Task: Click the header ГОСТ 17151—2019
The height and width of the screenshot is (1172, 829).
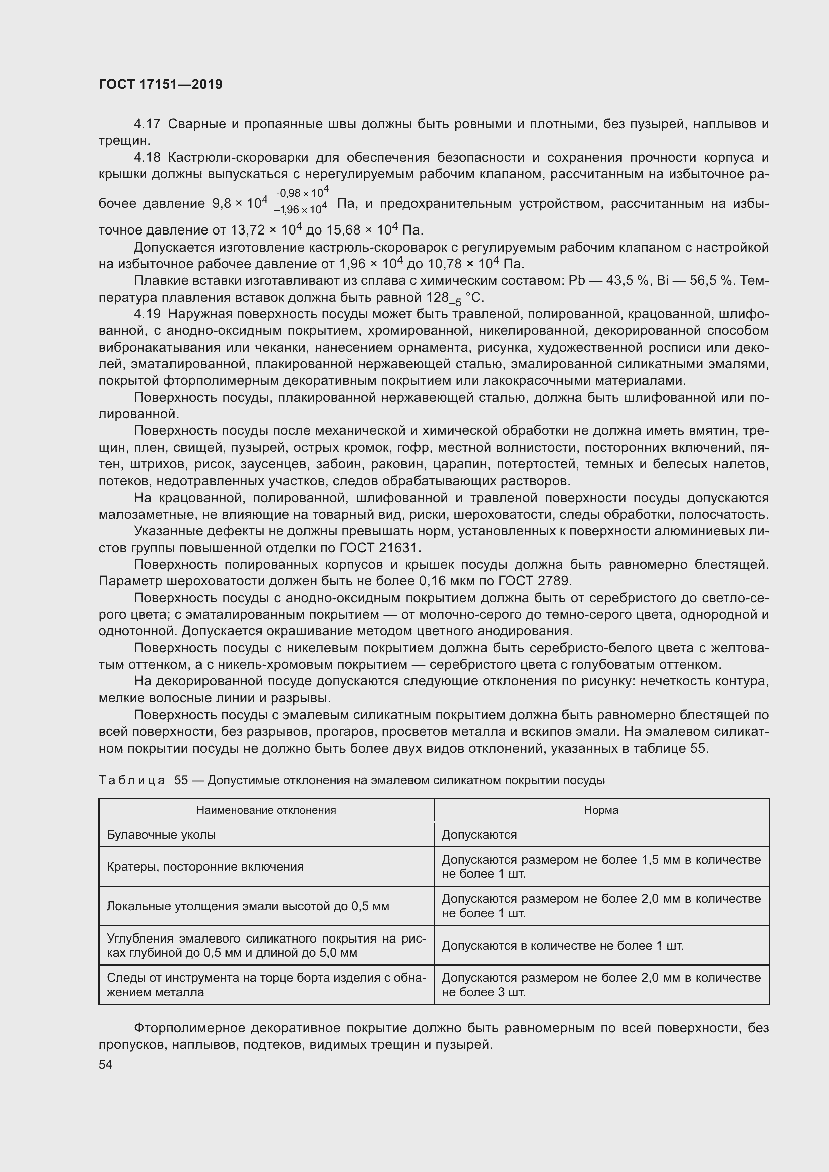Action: point(160,85)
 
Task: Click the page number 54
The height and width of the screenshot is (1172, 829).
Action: point(105,1064)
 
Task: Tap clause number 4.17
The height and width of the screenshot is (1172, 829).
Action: point(147,124)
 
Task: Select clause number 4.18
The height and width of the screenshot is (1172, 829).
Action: point(147,157)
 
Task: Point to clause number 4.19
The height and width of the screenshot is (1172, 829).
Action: point(147,314)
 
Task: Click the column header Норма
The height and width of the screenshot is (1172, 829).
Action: point(601,810)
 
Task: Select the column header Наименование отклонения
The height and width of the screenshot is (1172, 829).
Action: point(266,810)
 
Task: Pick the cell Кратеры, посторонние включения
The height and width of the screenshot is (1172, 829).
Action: point(204,867)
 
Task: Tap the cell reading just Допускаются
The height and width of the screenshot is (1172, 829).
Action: point(479,835)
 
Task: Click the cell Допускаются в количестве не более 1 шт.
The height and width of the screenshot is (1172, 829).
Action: point(562,946)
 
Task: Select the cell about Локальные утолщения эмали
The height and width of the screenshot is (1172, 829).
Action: point(248,906)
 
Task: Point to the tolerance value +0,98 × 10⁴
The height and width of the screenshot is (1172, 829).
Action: point(301,193)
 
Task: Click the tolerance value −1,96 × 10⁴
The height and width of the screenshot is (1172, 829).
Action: point(300,210)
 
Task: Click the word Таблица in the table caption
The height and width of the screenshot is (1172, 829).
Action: point(132,781)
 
